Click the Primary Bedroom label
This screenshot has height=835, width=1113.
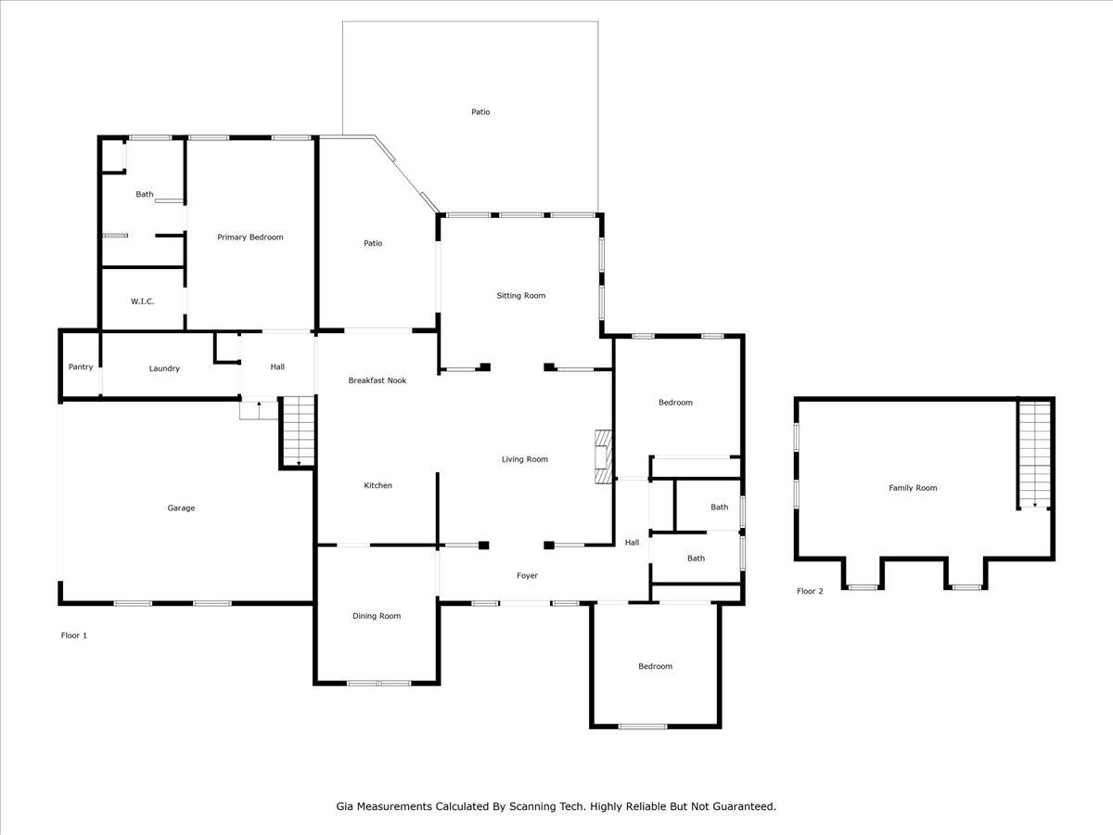(x=250, y=238)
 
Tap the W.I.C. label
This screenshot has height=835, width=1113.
(x=143, y=302)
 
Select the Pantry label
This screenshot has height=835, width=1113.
(x=81, y=367)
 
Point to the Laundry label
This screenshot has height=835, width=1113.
(x=164, y=368)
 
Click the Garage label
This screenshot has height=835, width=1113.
(x=181, y=508)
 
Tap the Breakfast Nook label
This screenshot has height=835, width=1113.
(x=377, y=380)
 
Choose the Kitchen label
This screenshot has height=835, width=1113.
(x=377, y=485)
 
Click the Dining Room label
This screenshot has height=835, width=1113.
(x=377, y=616)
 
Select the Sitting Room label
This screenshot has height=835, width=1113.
(x=520, y=296)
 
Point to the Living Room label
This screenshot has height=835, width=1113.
(x=525, y=459)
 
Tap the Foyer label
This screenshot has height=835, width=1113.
(x=527, y=575)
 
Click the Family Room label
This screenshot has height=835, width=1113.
(x=913, y=488)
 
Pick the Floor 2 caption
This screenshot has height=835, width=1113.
(x=810, y=591)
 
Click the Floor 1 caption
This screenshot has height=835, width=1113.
(x=74, y=636)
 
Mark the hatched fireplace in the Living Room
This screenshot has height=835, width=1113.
(x=604, y=457)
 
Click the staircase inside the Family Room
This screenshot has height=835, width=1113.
(x=1034, y=455)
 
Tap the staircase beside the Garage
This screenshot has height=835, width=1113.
(x=299, y=430)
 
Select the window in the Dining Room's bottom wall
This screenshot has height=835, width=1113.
(x=378, y=683)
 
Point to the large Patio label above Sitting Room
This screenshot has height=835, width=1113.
(x=480, y=112)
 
